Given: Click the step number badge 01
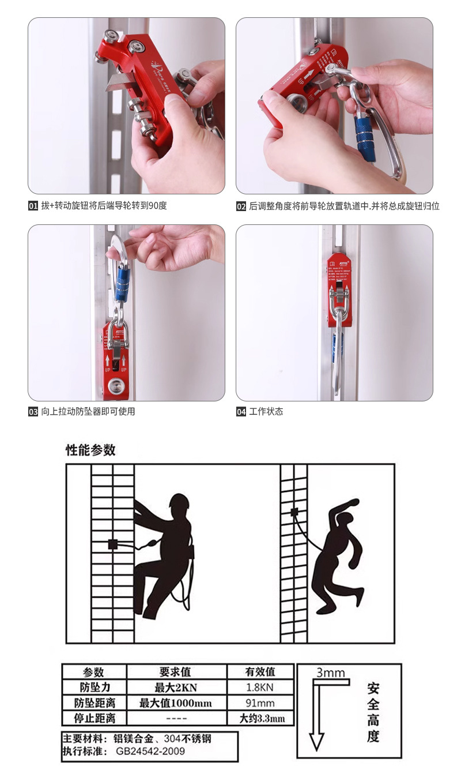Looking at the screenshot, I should tap(33, 206).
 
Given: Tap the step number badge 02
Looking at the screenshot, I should tap(241, 206).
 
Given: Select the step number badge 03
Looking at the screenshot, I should tap(33, 412).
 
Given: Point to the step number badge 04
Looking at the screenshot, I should tap(241, 412).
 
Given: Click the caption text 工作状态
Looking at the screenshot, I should tap(266, 412).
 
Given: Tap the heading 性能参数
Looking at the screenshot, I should tap(90, 450).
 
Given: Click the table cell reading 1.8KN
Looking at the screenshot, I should tap(260, 688).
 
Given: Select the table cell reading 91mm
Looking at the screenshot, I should tap(260, 703).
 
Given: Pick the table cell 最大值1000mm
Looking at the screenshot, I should tap(176, 703).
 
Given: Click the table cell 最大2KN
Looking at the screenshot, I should tap(176, 688).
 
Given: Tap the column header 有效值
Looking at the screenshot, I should tap(260, 672).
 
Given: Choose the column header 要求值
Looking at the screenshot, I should tap(176, 672).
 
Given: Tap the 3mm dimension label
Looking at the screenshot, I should tap(330, 673).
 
